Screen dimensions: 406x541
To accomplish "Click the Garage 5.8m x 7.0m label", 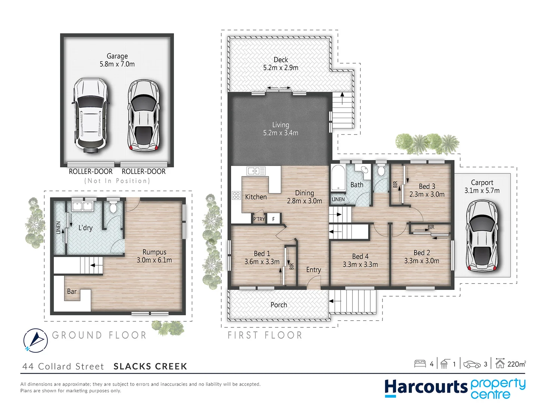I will tap(117, 60).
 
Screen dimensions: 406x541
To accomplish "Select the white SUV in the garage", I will tap(91, 115).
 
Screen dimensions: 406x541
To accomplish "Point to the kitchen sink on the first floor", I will tap(256, 171).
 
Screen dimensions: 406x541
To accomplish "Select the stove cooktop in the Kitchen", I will tap(236, 195).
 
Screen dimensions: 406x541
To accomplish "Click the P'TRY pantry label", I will tap(259, 219).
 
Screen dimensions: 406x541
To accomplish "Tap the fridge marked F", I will tap(274, 219).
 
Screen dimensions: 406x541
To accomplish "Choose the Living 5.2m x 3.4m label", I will tap(280, 129).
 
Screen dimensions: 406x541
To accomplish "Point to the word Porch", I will tap(278, 305).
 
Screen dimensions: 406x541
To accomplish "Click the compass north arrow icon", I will tap(35, 340).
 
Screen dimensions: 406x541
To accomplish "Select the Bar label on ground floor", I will tap(72, 291).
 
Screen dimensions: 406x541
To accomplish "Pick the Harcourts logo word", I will tap(425, 388).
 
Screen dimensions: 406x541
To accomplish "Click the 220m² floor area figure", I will tap(516, 364).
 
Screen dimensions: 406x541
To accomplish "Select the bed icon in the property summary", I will tap(420, 364).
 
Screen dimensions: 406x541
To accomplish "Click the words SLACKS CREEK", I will tap(150, 367).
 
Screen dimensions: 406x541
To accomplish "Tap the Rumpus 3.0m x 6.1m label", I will tap(154, 256).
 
